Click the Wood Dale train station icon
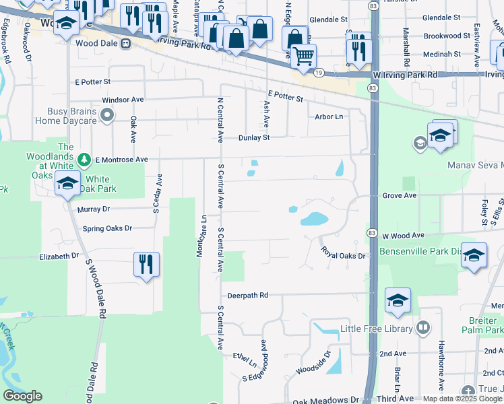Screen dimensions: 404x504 click(x=125, y=44)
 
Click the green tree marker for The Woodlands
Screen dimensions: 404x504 click(x=84, y=160)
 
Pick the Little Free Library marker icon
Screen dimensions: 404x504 click(x=423, y=328)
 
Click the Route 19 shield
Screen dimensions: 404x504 click(x=319, y=73)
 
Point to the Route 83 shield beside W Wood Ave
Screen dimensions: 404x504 click(x=371, y=232)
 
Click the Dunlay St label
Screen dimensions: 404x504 click(x=253, y=138)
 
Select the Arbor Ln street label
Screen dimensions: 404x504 click(x=329, y=116)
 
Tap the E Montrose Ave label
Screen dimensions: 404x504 click(x=121, y=160)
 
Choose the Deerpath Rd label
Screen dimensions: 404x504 click(x=247, y=295)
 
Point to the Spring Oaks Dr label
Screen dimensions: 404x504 click(x=108, y=229)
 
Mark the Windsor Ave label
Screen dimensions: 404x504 click(x=123, y=100)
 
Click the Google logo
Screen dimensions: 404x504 click(x=22, y=396)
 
